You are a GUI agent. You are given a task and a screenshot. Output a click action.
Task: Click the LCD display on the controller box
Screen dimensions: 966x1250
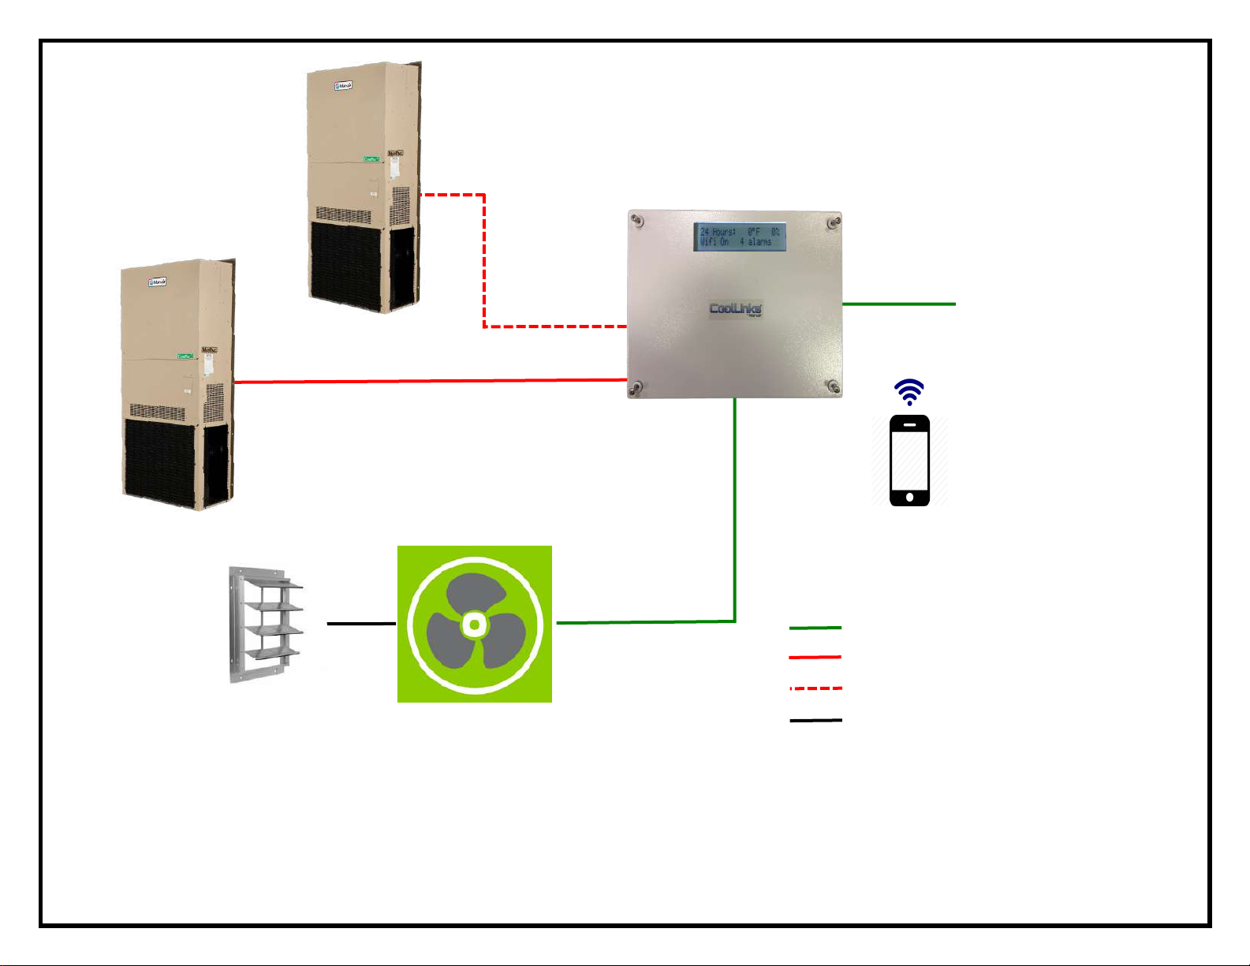tap(740, 237)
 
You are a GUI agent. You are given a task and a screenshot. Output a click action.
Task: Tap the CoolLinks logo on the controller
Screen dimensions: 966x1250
tap(736, 308)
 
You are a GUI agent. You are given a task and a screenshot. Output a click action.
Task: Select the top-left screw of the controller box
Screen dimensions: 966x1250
tap(638, 221)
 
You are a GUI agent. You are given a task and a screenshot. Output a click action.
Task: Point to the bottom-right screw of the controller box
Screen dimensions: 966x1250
tap(832, 386)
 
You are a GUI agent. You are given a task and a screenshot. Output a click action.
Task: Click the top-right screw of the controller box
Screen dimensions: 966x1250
tap(832, 222)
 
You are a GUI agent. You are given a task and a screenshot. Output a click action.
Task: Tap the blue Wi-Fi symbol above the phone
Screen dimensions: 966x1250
tap(909, 391)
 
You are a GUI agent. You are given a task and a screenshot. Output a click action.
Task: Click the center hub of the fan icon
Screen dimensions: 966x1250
tap(474, 625)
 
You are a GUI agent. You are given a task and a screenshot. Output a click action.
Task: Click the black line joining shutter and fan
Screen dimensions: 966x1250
tap(361, 623)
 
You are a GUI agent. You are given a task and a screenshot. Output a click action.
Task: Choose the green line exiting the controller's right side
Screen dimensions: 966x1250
tap(899, 304)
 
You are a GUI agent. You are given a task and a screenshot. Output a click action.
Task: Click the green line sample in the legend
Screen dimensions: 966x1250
tap(815, 628)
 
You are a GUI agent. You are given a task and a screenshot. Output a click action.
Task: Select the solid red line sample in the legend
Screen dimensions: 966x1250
tap(815, 657)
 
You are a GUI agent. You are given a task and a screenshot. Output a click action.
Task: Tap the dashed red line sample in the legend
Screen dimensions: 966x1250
tap(815, 688)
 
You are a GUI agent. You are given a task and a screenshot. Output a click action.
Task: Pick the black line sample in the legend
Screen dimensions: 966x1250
tap(815, 720)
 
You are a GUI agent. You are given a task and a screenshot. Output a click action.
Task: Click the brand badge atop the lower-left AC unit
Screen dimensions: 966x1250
tap(158, 282)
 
